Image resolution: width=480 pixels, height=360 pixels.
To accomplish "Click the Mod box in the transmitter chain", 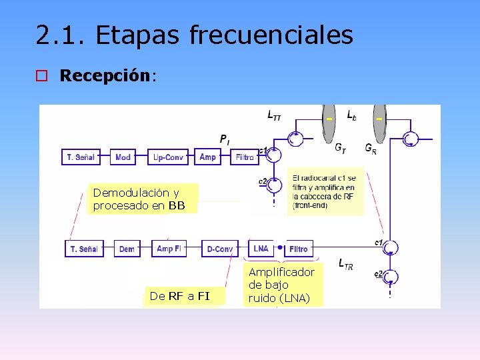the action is pyautogui.click(x=123, y=157).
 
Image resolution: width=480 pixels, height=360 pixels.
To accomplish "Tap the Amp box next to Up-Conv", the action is pyautogui.click(x=208, y=157).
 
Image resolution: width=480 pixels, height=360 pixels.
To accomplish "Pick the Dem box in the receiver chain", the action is pyautogui.click(x=127, y=249).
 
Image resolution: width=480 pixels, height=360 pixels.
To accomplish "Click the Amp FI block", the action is pyautogui.click(x=169, y=249).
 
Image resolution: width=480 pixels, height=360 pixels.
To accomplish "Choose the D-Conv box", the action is pyautogui.click(x=220, y=249).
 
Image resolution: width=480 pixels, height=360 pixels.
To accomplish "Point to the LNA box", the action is pyautogui.click(x=261, y=249).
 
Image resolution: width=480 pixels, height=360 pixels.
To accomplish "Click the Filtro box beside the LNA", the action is pyautogui.click(x=298, y=249).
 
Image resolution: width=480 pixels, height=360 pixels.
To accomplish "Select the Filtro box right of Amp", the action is pyautogui.click(x=245, y=157).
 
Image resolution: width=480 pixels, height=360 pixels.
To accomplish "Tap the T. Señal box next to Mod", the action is pyautogui.click(x=80, y=157).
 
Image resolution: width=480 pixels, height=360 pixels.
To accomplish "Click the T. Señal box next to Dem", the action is pyautogui.click(x=83, y=249).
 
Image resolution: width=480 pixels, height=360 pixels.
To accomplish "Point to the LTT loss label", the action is pyautogui.click(x=274, y=117).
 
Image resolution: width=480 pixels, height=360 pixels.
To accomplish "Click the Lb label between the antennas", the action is pyautogui.click(x=351, y=115).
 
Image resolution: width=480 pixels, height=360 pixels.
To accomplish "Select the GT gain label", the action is pyautogui.click(x=340, y=148).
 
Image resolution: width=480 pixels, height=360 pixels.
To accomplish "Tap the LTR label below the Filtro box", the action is pyautogui.click(x=346, y=265).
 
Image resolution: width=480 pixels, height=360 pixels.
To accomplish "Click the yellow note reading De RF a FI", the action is pyautogui.click(x=180, y=296).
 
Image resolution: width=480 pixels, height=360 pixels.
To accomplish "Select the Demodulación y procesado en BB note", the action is pyautogui.click(x=139, y=199).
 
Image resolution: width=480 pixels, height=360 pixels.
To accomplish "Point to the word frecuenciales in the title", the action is pyautogui.click(x=271, y=35).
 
